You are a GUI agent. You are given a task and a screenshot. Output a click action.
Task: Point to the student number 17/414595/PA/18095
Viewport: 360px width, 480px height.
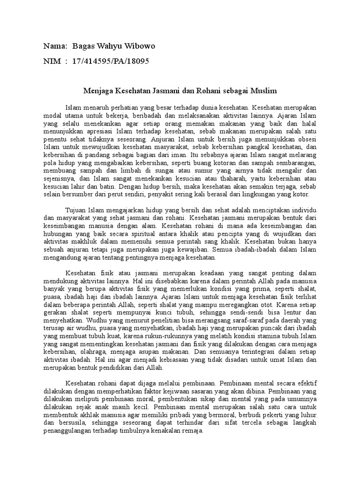pos(111,61)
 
